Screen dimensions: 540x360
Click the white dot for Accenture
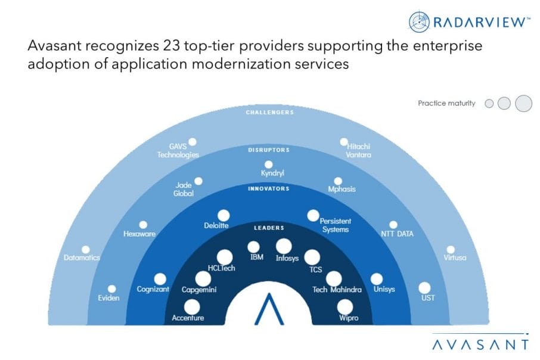[192, 307]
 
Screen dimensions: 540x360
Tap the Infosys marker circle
[284, 246]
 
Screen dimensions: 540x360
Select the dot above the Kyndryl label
[269, 165]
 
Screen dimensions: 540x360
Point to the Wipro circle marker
[345, 307]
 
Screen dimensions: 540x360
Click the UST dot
[424, 288]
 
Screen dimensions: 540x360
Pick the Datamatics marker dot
[86, 250]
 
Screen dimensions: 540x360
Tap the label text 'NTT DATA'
[397, 234]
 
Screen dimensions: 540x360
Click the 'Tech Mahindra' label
[337, 290]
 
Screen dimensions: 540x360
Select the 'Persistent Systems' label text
[335, 225]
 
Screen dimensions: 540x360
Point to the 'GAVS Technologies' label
[178, 151]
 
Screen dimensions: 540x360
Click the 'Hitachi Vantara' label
[358, 151]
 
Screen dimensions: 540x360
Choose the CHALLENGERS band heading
[269, 112]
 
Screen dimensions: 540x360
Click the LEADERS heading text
[269, 228]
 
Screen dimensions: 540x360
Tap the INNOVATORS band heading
[269, 188]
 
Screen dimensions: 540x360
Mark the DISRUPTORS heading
[269, 150]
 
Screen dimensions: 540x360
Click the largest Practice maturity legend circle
[523, 103]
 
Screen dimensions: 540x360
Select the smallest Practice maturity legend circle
[489, 103]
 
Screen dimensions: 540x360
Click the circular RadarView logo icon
[419, 21]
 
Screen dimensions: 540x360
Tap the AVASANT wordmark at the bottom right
[480, 345]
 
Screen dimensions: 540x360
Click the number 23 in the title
[171, 45]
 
